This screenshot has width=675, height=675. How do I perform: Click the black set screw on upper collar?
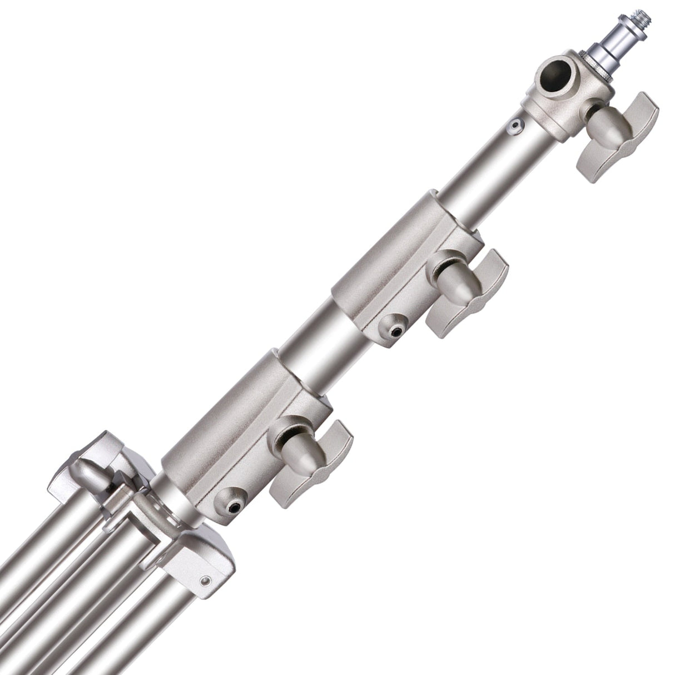pos(395,332)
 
